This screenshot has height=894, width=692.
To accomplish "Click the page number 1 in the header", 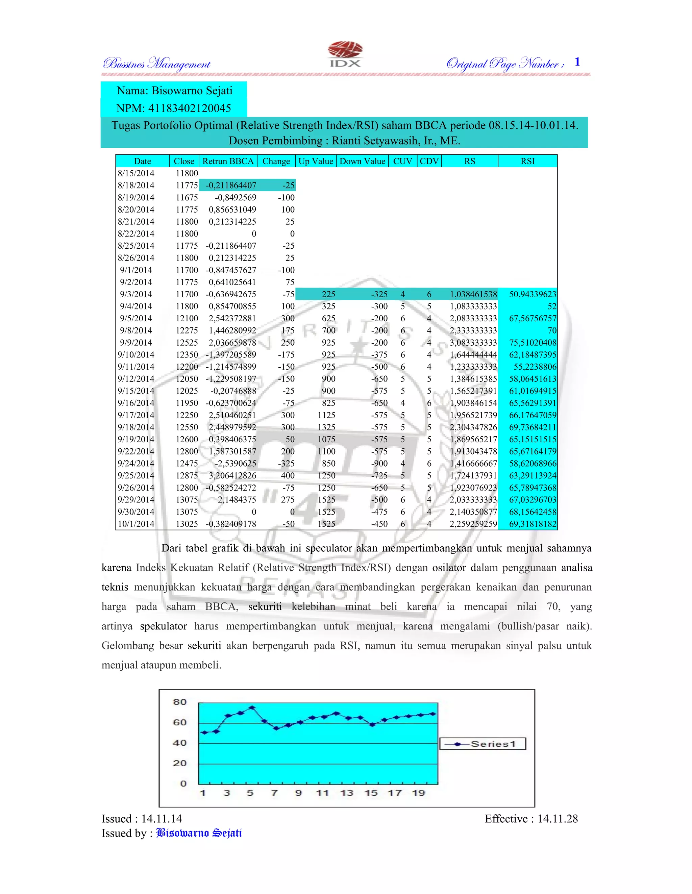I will click(x=577, y=62).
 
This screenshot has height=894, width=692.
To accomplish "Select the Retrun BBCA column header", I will click(x=228, y=161).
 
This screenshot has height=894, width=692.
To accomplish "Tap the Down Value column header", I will click(x=362, y=161).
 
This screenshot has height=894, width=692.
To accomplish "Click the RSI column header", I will click(x=527, y=161).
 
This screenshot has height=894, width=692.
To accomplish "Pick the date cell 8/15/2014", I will click(x=136, y=173).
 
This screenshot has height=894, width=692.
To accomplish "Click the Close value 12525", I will click(x=187, y=342).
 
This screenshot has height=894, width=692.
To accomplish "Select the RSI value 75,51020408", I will click(x=532, y=342).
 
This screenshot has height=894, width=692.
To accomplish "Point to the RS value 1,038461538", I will click(x=473, y=294).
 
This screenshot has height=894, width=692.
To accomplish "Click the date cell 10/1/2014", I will click(x=136, y=524).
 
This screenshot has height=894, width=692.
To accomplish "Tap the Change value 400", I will click(x=288, y=475).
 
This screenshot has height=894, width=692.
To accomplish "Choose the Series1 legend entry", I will click(x=483, y=743).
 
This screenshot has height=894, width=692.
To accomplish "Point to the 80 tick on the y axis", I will click(x=180, y=702).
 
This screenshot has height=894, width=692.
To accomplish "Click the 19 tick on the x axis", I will click(x=418, y=793).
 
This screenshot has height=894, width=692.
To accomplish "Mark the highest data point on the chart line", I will click(x=252, y=707).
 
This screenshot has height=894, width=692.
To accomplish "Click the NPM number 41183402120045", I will click(x=189, y=108).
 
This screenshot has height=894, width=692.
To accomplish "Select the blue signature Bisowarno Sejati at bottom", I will click(x=199, y=833).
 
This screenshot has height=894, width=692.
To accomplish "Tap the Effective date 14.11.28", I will click(x=557, y=818).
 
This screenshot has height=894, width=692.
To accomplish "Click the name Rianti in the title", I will click(x=346, y=141).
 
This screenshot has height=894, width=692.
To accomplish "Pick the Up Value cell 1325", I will click(x=326, y=427).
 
